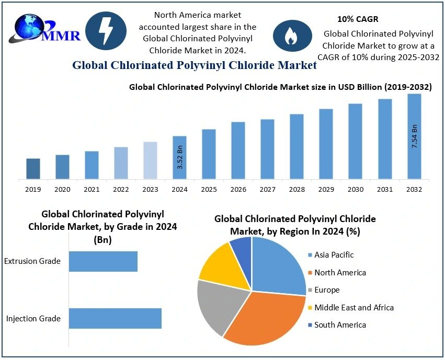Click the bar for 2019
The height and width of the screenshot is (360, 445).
(x=33, y=169)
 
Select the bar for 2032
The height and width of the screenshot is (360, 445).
(x=414, y=137)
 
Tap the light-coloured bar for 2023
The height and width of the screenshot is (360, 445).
(x=150, y=160)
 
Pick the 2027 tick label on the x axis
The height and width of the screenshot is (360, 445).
(x=267, y=189)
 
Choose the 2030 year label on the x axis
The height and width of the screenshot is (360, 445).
(x=355, y=189)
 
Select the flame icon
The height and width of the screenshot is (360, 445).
(x=290, y=35)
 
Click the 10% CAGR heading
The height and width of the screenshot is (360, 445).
(x=358, y=19)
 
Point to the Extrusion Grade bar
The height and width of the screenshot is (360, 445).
(x=103, y=261)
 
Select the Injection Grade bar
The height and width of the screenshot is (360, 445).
(x=115, y=318)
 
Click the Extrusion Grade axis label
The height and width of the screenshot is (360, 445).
(x=32, y=261)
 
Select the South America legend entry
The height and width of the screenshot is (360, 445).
(x=340, y=325)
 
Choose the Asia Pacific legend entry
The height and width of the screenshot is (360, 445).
(x=334, y=255)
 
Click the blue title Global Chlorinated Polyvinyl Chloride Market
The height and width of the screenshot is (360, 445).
(x=195, y=65)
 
